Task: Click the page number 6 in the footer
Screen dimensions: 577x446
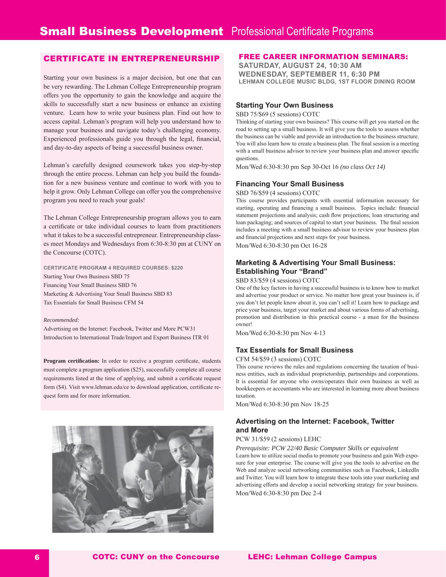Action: (x=37, y=557)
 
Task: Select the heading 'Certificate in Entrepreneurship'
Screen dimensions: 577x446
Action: (x=132, y=59)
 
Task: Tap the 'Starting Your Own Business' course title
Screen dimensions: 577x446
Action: (x=284, y=105)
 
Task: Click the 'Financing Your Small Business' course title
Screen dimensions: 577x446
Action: (x=290, y=184)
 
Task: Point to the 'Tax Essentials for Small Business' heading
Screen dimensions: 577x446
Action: (x=294, y=350)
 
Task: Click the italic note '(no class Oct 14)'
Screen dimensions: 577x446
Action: (x=362, y=167)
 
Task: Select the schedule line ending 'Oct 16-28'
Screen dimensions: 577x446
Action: (x=281, y=246)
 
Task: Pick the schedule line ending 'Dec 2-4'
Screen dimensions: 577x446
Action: (x=279, y=493)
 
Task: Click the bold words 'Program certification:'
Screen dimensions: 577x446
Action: (x=72, y=361)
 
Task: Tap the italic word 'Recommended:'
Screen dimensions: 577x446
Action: (x=61, y=320)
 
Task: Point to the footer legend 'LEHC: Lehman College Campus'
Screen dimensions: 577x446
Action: (x=312, y=557)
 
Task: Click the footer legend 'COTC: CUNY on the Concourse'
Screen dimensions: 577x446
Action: (x=156, y=557)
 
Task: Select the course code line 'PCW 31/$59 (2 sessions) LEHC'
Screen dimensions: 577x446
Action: (x=278, y=439)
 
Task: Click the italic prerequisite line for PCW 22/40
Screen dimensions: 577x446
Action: (x=317, y=448)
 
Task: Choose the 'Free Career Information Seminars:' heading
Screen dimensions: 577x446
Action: (x=323, y=56)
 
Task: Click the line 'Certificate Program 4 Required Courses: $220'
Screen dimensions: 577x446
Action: (x=113, y=268)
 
